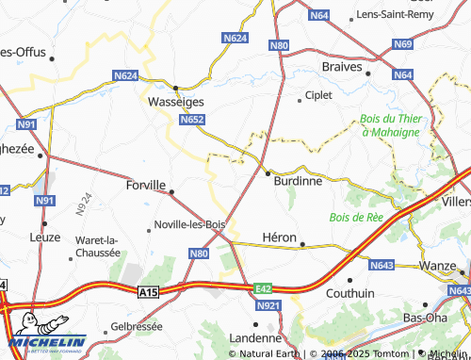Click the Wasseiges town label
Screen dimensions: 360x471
coord(175,101)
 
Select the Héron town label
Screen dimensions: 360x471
coord(279,237)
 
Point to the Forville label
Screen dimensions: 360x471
coord(145,186)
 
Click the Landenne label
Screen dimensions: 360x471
coord(256,337)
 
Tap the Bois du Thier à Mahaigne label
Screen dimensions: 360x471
coord(390,125)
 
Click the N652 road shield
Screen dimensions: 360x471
coord(193,120)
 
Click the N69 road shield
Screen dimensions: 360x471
coord(403,44)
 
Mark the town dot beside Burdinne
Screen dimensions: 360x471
coord(268,173)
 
